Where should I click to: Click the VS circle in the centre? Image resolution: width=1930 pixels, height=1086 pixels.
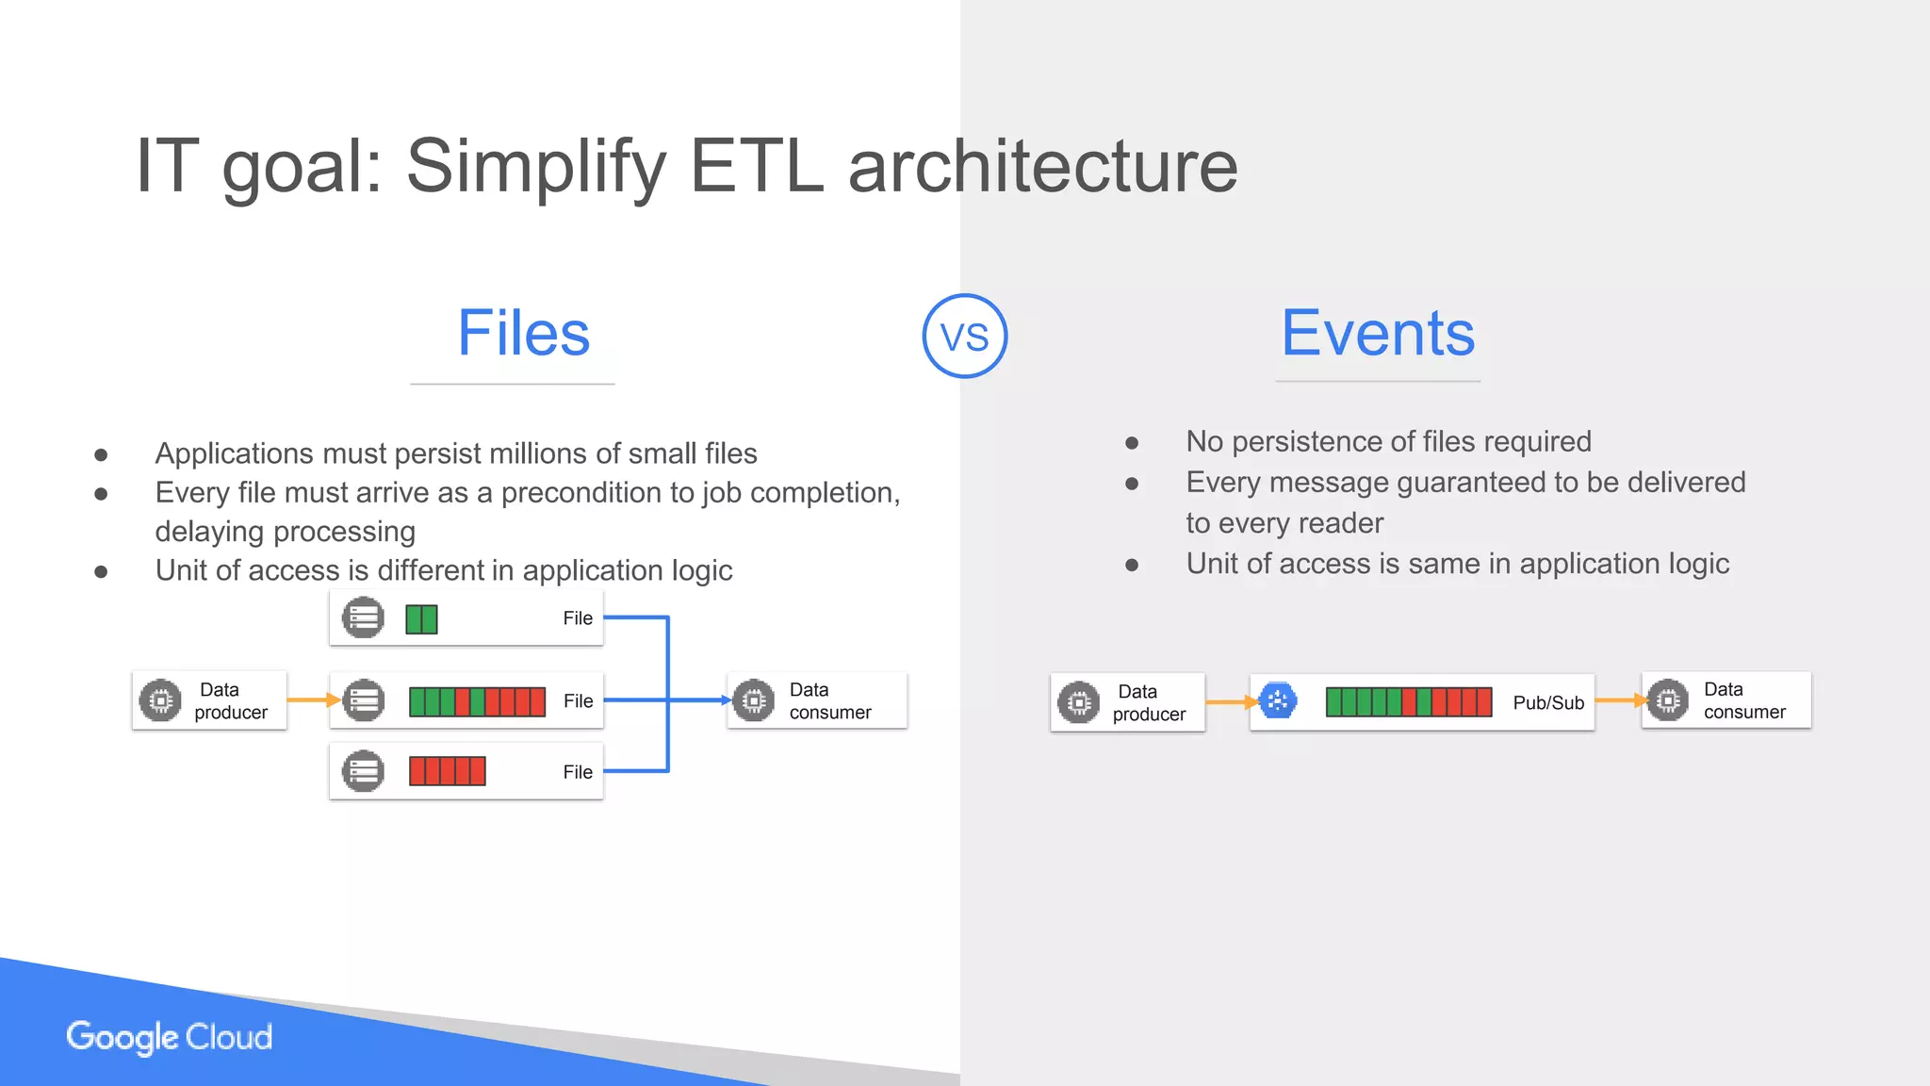[964, 336]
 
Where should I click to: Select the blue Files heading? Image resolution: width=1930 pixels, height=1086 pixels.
[523, 333]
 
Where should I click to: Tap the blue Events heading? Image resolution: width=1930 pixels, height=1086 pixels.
[1377, 333]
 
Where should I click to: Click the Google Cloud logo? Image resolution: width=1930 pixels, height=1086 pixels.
[170, 1036]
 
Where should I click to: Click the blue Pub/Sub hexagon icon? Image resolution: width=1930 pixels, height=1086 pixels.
[1278, 700]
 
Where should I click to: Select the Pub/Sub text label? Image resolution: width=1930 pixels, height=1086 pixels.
[1547, 702]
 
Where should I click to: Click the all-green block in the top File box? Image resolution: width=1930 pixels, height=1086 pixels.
[421, 619]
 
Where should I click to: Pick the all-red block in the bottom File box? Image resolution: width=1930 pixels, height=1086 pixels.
[447, 771]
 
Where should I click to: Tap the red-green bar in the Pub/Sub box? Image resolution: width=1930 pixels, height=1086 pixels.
[1408, 702]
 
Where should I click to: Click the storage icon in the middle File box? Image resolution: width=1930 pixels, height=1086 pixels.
[363, 700]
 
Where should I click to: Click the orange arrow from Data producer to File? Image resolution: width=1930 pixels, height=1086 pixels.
[311, 699]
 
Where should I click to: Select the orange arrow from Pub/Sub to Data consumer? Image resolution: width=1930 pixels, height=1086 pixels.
[1619, 700]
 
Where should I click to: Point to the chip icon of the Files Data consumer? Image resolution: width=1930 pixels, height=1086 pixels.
[753, 700]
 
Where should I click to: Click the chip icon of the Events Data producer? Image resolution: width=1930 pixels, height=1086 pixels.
[1078, 702]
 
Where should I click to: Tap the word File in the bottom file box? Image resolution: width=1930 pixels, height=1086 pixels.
[578, 772]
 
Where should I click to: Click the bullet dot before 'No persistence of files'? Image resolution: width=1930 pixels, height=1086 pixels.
[1132, 442]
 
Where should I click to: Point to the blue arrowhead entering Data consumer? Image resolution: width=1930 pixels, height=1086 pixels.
[726, 700]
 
